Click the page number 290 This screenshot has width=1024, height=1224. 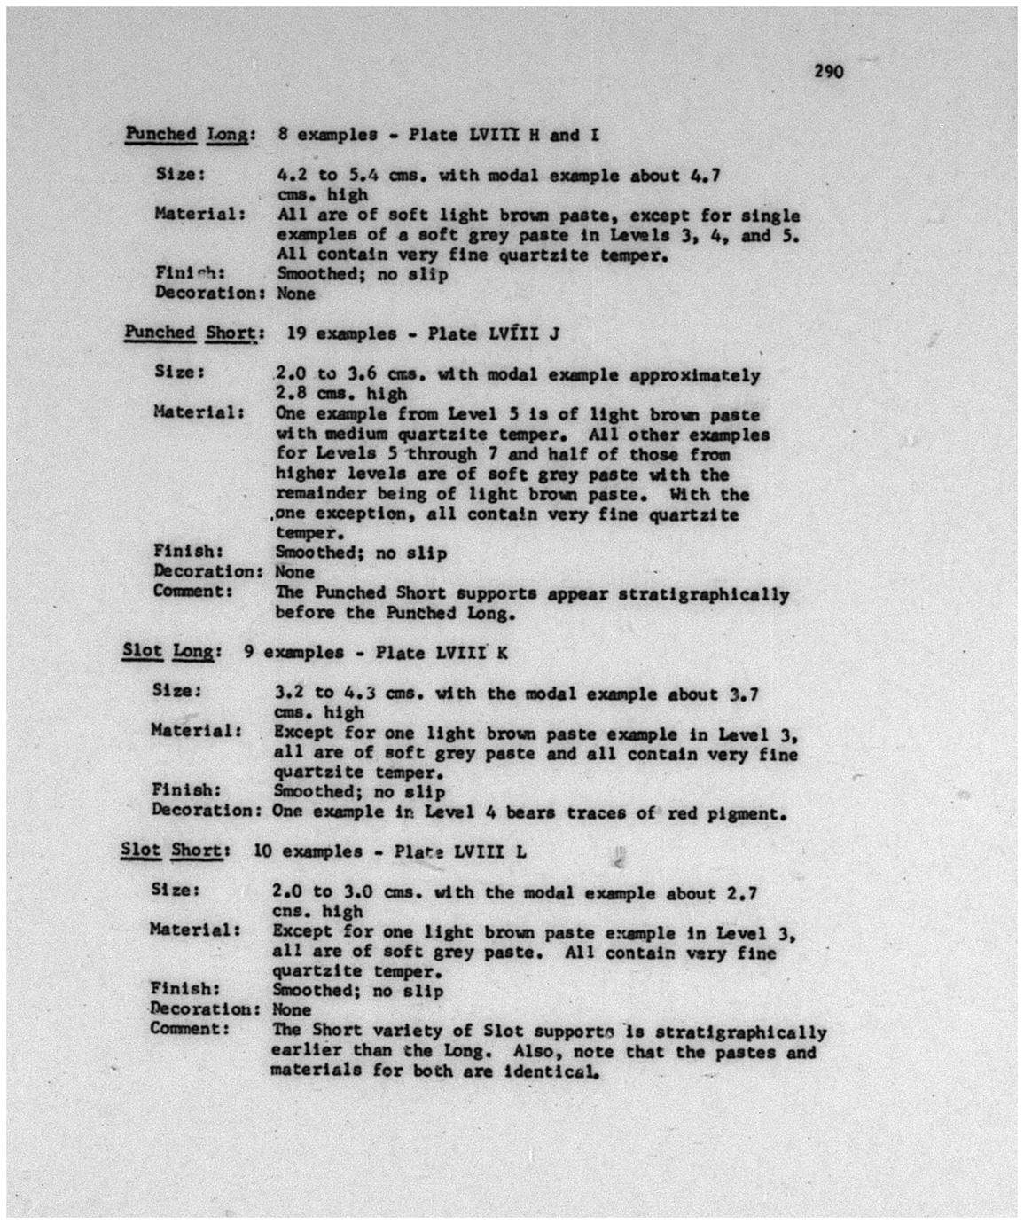tap(829, 72)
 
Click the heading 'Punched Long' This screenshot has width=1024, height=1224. tap(190, 135)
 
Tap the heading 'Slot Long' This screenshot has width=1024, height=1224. tap(168, 652)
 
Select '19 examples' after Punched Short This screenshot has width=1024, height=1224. tap(337, 334)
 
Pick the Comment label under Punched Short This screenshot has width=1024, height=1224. tap(193, 592)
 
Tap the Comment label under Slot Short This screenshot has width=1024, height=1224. tap(190, 1029)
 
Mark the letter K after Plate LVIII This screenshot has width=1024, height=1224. tap(502, 653)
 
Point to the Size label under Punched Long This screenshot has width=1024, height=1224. tap(181, 175)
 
